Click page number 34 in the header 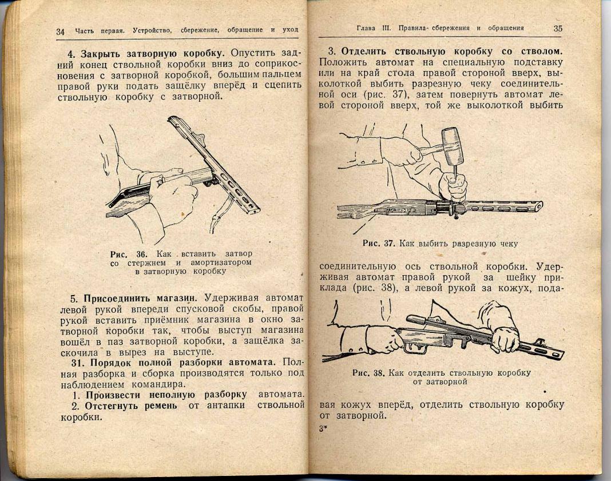click(60, 31)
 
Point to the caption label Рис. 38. click(368, 373)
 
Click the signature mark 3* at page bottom click(323, 428)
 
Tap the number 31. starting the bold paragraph click(78, 362)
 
